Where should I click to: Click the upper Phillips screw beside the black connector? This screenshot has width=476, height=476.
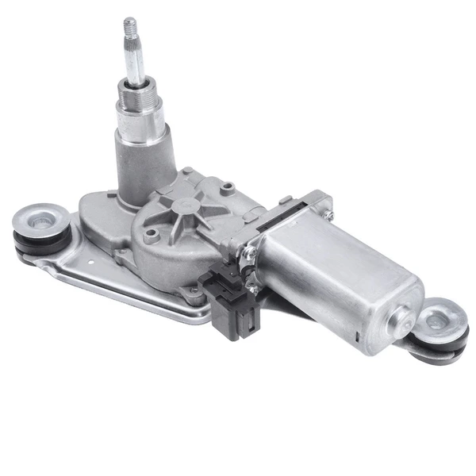250,253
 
